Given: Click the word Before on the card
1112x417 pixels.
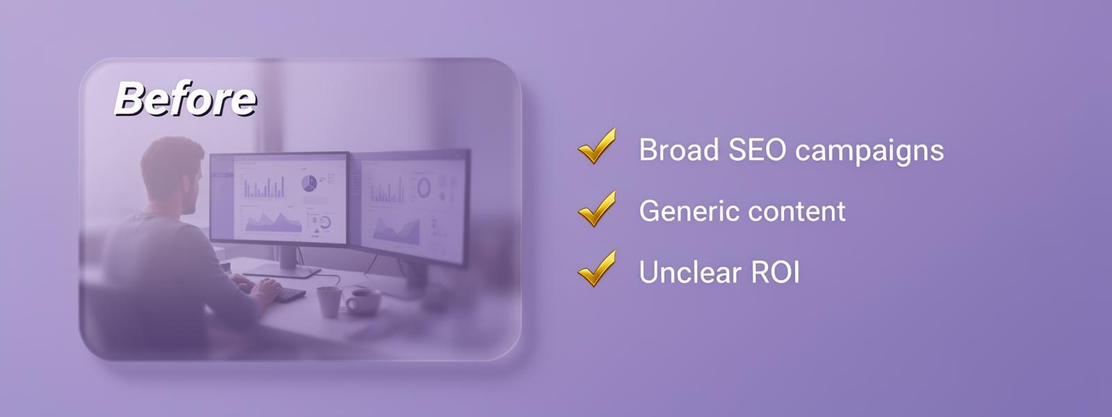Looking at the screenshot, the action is click(185, 99).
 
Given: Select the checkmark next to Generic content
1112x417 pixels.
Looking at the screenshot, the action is click(597, 208).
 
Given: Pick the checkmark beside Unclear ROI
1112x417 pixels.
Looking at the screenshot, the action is click(597, 268).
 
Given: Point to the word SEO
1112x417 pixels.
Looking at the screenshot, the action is click(757, 149).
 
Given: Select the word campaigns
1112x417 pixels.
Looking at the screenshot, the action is click(869, 152).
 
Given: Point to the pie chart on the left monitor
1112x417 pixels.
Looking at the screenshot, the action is click(309, 183).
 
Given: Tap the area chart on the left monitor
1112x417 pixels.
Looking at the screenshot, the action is click(273, 222).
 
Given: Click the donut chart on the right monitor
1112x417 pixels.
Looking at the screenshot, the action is click(424, 188).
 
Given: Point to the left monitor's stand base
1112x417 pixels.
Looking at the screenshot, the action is click(282, 270).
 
